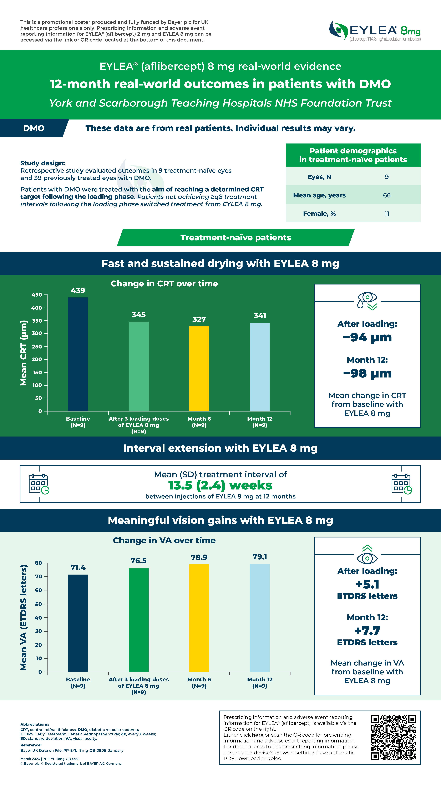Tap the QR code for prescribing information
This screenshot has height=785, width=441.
(x=394, y=737)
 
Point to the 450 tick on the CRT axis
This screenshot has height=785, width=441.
(x=37, y=295)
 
